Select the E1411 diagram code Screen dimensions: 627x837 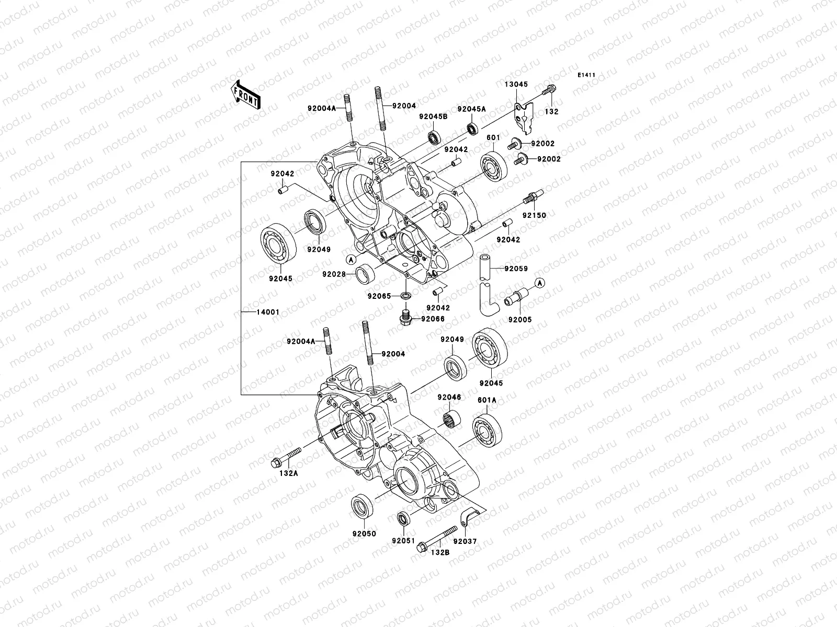click(587, 75)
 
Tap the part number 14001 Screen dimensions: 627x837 click(268, 312)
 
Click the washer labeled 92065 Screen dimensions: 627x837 click(405, 297)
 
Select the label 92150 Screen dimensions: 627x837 click(534, 215)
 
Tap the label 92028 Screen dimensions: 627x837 click(333, 274)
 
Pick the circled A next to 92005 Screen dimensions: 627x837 click(540, 283)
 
